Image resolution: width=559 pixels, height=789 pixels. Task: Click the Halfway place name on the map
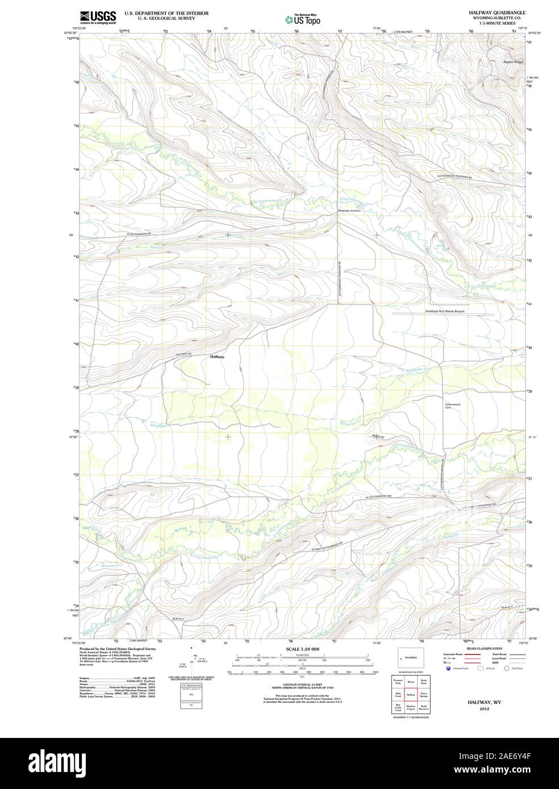pos(217,356)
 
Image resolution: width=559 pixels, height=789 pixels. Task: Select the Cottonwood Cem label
pos(452,406)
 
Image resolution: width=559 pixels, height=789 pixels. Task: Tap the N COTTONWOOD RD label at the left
pos(141,234)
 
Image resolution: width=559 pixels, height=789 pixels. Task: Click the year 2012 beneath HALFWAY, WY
pos(483,709)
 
